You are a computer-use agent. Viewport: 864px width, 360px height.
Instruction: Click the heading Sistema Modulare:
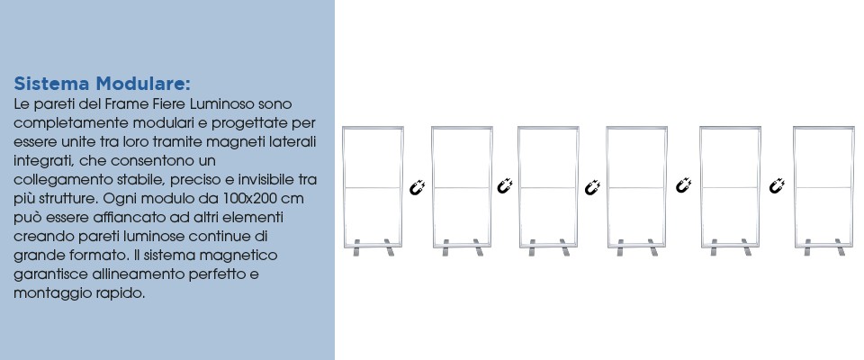click(x=102, y=84)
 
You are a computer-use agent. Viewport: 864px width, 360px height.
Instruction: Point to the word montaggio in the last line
click(x=53, y=293)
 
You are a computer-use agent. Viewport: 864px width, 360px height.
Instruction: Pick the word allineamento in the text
click(x=135, y=274)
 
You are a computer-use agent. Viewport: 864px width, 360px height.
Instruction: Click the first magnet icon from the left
click(x=417, y=187)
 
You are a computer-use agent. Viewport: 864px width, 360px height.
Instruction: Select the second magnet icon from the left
click(x=505, y=185)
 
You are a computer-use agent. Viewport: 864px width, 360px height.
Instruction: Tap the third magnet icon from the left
click(x=592, y=187)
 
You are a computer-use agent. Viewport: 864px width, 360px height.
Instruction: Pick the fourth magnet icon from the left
click(x=684, y=185)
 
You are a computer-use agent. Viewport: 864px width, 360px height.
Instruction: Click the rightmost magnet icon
click(x=777, y=185)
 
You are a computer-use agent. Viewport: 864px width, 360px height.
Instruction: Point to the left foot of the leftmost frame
click(x=356, y=247)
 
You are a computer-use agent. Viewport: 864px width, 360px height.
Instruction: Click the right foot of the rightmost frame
click(x=840, y=247)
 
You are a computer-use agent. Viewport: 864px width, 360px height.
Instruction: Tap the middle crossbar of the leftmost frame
click(x=373, y=188)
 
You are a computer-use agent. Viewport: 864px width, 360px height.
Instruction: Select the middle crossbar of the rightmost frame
click(x=823, y=188)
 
